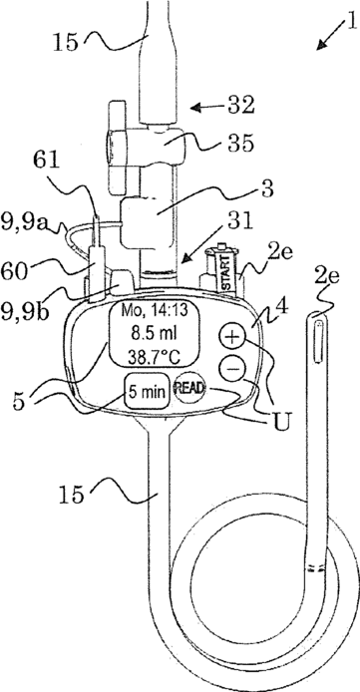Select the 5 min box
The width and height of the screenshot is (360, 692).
tap(148, 391)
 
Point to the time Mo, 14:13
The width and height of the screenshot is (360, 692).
tap(155, 310)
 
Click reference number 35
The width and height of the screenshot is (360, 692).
tap(240, 143)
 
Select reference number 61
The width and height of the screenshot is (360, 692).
tap(46, 162)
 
